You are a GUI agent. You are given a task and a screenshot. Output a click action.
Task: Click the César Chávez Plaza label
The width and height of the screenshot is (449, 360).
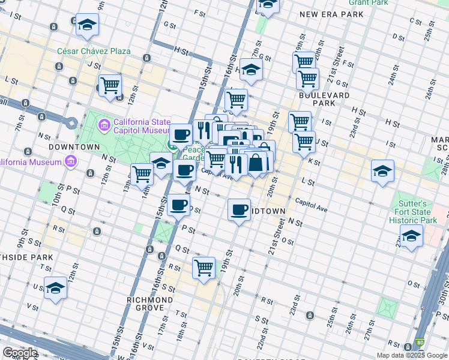pyautogui.click(x=94, y=51)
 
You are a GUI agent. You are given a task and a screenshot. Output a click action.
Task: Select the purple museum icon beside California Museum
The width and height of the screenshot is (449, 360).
pyautogui.click(x=71, y=161)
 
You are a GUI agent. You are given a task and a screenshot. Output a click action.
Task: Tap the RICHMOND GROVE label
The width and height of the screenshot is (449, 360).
pyautogui.click(x=150, y=304)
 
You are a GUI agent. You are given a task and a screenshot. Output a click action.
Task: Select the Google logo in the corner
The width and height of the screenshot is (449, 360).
pyautogui.click(x=19, y=353)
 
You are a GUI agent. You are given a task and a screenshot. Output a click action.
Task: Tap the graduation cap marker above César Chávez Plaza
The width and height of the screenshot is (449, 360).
pyautogui.click(x=88, y=25)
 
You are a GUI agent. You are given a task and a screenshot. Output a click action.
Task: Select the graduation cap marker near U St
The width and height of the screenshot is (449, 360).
pyautogui.click(x=55, y=287)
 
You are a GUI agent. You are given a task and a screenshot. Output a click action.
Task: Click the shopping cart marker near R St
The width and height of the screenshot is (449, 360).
pyautogui.click(x=203, y=267)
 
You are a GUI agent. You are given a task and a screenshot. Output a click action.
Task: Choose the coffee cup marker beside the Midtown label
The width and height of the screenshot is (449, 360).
pyautogui.click(x=239, y=210)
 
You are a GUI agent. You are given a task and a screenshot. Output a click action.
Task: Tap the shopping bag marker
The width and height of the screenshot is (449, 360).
pyautogui.click(x=256, y=162)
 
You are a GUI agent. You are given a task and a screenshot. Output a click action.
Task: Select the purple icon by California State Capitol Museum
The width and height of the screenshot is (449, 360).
pyautogui.click(x=104, y=125)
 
